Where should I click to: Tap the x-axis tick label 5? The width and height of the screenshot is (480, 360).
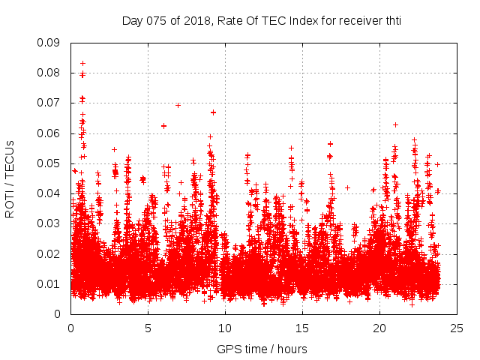click(x=148, y=328)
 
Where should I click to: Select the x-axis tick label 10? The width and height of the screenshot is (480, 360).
click(x=225, y=328)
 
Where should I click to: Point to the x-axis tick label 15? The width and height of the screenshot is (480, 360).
click(x=302, y=328)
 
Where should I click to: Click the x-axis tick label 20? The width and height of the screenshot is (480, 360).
click(x=379, y=328)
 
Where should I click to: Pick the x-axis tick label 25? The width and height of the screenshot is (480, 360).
click(x=457, y=328)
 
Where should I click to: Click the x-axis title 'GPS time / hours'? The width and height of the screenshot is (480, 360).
click(x=262, y=349)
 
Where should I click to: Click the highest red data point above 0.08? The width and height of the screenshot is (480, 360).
click(x=82, y=63)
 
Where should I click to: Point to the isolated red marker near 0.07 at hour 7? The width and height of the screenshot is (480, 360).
click(x=178, y=105)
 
